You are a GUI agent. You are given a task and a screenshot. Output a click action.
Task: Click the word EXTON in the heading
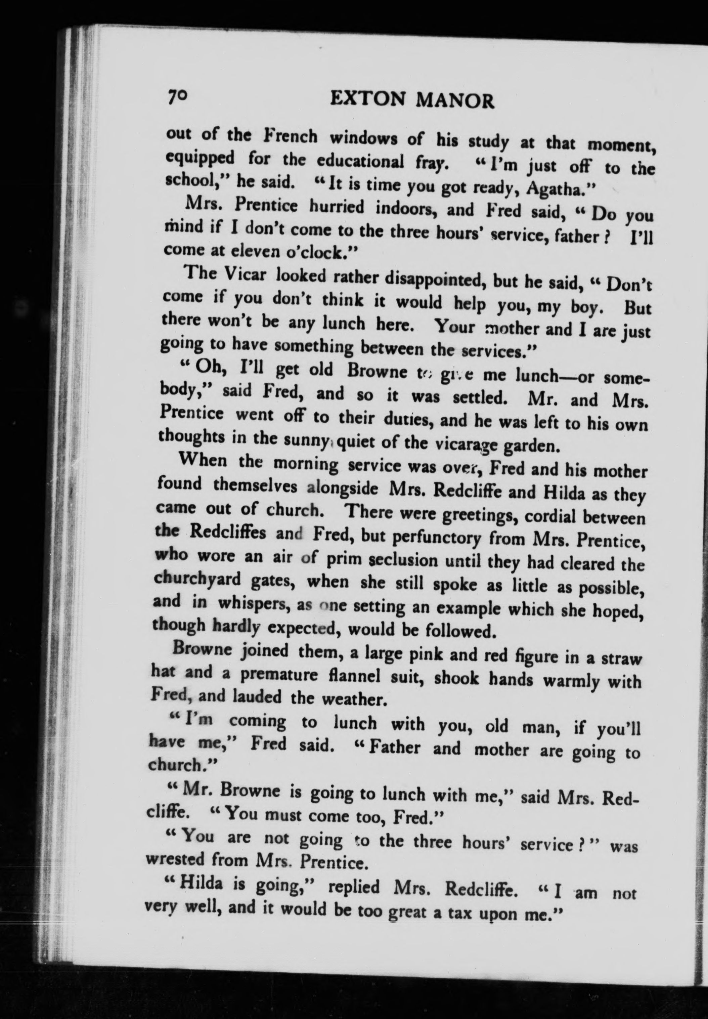[x=368, y=100]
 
